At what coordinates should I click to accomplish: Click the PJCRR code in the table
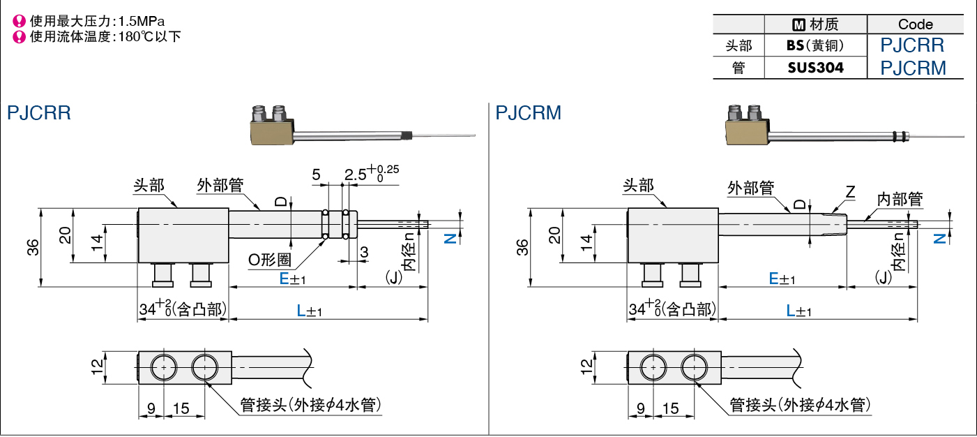point(912,45)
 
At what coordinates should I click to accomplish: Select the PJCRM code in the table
point(913,68)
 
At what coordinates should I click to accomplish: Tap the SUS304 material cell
point(816,68)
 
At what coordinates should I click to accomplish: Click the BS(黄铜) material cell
point(815,45)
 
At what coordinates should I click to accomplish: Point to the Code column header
point(916,24)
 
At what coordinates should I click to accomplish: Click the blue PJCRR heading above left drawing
point(39,112)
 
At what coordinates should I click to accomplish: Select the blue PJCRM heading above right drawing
point(528,112)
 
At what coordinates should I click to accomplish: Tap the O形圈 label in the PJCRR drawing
point(270,260)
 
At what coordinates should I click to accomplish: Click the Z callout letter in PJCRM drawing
point(850,192)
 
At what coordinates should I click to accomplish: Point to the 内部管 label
point(900,199)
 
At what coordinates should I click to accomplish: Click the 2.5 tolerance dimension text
point(372,173)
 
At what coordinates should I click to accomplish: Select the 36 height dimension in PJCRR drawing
point(33,247)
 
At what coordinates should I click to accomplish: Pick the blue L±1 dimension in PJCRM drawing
point(798,311)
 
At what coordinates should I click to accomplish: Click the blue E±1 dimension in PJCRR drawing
point(292,279)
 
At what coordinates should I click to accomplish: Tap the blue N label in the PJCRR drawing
point(450,238)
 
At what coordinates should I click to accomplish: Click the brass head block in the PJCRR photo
point(271,133)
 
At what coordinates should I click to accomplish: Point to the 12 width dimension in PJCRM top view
point(586,366)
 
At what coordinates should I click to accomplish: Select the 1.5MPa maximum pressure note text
point(97,21)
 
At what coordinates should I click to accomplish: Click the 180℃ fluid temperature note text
point(105,37)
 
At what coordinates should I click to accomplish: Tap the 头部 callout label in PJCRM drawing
point(638,186)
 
